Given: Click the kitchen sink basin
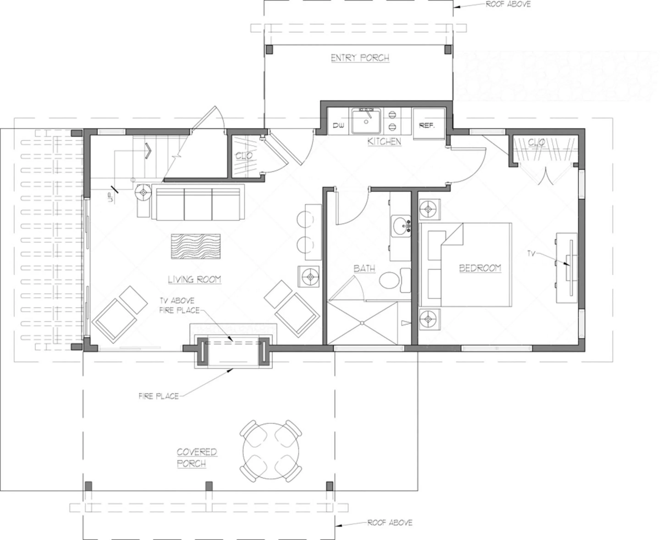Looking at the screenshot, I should click(366, 122).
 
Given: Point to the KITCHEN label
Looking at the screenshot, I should click(384, 142).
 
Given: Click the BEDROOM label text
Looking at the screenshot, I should click(480, 268).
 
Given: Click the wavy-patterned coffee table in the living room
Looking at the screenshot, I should click(196, 246).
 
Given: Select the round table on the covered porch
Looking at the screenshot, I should click(271, 451).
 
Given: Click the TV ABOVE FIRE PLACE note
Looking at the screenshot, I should click(178, 305).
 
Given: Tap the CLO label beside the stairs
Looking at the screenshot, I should click(244, 156).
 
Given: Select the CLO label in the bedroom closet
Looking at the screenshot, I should click(536, 143).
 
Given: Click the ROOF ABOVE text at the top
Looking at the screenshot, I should click(508, 4).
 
